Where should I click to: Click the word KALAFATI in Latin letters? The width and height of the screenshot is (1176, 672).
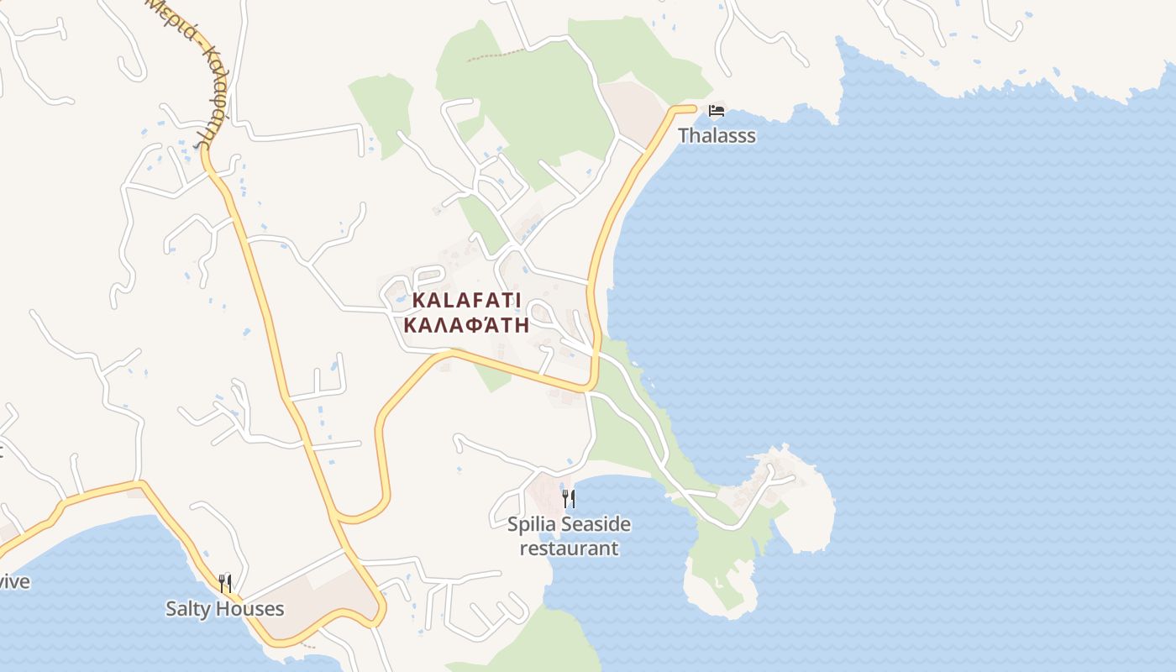click(x=466, y=301)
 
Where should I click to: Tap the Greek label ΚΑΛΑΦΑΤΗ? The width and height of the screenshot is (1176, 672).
click(x=466, y=325)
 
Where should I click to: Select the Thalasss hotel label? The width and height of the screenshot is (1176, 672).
click(x=717, y=135)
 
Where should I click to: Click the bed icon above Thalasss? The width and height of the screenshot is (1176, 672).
click(x=717, y=111)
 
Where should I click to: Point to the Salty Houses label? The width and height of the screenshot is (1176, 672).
click(x=224, y=609)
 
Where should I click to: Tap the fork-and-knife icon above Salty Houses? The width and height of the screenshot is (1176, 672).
click(x=224, y=583)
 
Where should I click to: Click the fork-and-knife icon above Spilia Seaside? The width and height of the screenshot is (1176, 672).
click(x=569, y=499)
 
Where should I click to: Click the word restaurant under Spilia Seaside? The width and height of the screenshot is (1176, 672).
click(x=569, y=549)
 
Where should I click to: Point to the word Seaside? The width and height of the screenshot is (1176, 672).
click(x=596, y=525)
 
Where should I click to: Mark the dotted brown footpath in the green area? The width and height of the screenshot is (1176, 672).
click(x=496, y=55)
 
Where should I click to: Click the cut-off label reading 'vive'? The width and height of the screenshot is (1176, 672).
click(x=14, y=581)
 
